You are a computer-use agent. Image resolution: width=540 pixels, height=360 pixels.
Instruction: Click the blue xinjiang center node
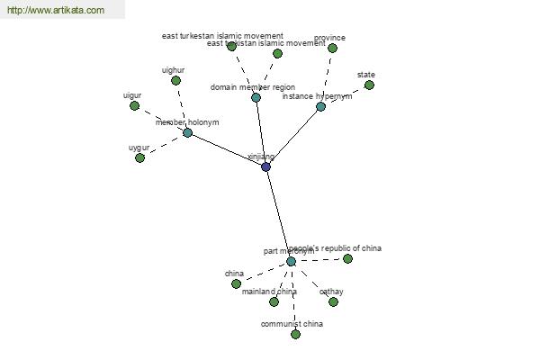[x=265, y=166]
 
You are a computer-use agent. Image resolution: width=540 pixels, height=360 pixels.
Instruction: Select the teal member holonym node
[x=187, y=132]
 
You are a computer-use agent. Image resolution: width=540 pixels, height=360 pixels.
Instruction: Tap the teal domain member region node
[x=256, y=97]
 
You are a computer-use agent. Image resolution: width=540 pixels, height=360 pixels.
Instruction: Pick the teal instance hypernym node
[x=320, y=106]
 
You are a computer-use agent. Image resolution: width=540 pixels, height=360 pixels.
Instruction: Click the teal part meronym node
[x=291, y=261]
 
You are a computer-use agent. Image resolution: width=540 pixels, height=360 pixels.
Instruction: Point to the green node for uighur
[x=175, y=80]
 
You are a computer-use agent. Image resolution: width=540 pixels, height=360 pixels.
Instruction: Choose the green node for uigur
[x=134, y=105]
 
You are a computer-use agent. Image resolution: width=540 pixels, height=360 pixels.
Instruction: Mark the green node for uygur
[x=139, y=157]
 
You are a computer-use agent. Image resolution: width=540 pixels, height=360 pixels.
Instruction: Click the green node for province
[x=332, y=48]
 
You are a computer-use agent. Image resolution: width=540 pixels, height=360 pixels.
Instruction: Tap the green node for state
[x=369, y=85]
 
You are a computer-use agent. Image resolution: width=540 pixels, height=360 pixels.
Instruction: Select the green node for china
[x=236, y=283]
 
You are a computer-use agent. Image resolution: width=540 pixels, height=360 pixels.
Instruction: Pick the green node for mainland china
[x=274, y=301]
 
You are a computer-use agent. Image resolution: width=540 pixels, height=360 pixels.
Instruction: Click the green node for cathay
[x=333, y=301]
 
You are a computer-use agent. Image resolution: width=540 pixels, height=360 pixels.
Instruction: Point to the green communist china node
[x=295, y=334]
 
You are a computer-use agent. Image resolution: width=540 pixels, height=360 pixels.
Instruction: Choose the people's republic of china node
[x=347, y=258]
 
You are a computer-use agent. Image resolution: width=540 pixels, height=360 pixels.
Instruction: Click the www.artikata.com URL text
[x=55, y=11]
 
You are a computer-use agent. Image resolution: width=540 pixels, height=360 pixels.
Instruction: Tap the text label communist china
[x=292, y=324]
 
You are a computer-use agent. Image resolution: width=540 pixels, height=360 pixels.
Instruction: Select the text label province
[x=329, y=38]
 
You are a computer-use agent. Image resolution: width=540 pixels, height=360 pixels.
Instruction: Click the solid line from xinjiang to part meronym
[x=278, y=214]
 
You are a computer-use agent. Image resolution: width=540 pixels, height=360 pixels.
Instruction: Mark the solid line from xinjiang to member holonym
[x=226, y=149]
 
